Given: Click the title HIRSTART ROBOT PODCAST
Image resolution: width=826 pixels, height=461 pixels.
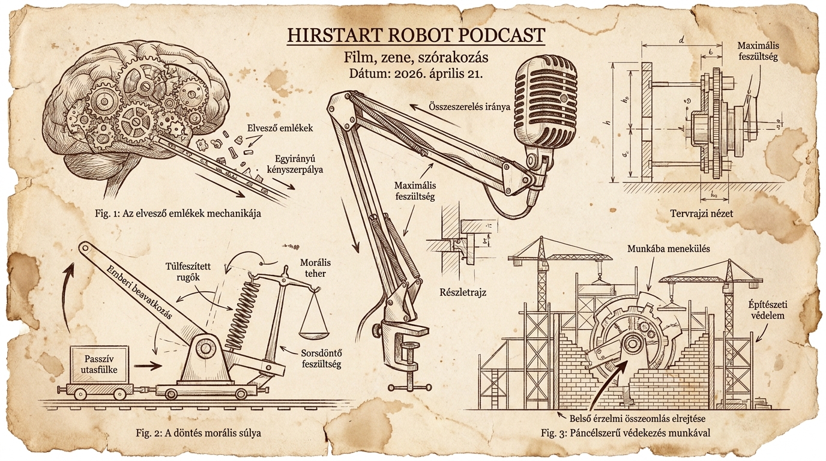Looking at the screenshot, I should (416, 35).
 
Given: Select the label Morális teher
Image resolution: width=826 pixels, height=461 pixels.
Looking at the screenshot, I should (316, 269).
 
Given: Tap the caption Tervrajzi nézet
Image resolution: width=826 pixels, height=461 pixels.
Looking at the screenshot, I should (702, 213).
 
